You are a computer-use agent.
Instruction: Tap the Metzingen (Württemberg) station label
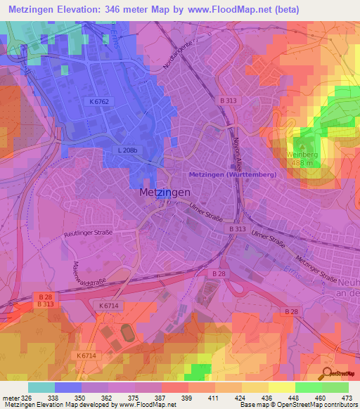point(233,174)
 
